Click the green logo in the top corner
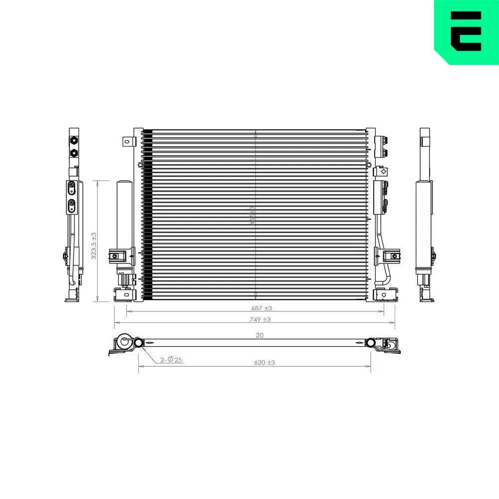[466, 31]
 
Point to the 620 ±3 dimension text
[264, 363]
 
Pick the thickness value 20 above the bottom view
[259, 335]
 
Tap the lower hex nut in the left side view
[74, 152]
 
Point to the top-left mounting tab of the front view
[127, 142]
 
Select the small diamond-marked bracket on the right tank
[384, 171]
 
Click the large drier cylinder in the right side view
[424, 225]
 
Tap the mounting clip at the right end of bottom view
[391, 345]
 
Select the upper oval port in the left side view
[71, 188]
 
